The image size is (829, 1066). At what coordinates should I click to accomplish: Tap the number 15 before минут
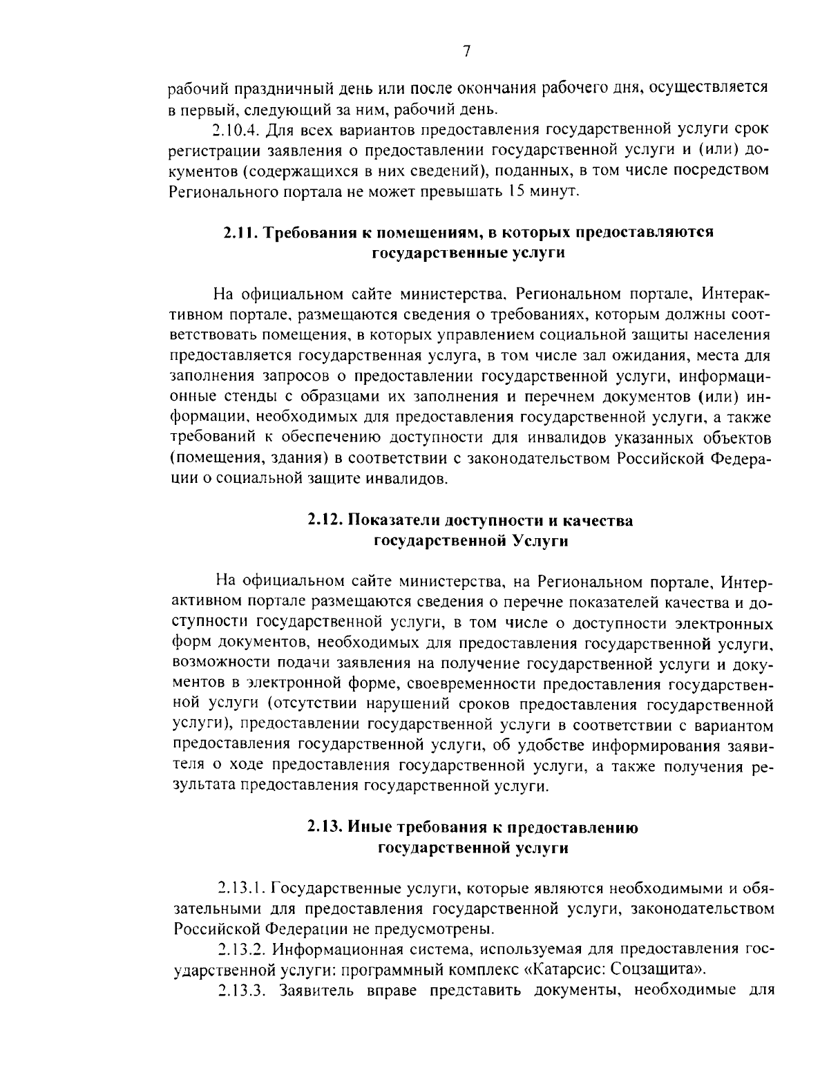click(517, 191)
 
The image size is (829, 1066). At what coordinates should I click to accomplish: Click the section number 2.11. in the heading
click(238, 233)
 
